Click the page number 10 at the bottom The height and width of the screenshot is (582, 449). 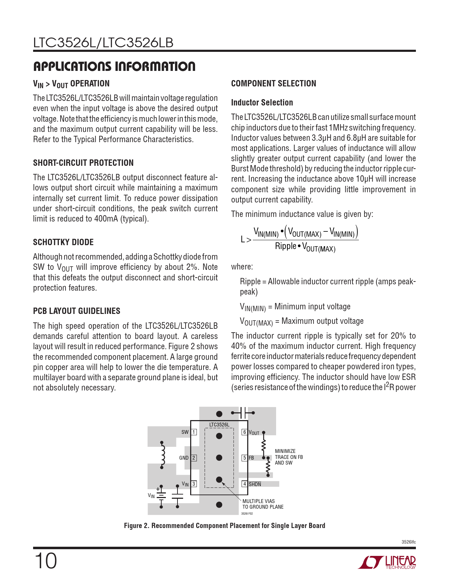click(45, 561)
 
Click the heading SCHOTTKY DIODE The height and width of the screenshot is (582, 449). click(63, 242)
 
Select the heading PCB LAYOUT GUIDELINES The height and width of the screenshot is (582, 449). click(76, 311)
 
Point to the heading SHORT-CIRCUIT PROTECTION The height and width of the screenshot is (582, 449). click(83, 163)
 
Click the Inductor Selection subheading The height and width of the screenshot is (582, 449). click(262, 103)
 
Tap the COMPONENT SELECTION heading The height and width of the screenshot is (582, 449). click(274, 84)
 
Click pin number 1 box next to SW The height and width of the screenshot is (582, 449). click(194, 432)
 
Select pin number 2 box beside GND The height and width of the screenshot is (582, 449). click(194, 458)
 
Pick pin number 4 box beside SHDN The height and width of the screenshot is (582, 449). click(244, 484)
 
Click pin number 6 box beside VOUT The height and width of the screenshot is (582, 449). click(244, 432)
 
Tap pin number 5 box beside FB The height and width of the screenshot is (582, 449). click(244, 458)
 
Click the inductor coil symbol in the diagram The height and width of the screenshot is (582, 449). click(163, 455)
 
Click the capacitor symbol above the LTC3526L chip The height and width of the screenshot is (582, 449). click(243, 413)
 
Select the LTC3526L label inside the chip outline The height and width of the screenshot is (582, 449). click(219, 425)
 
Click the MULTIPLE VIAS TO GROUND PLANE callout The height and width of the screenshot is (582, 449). click(263, 504)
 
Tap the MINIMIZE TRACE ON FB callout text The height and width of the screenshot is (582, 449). click(289, 457)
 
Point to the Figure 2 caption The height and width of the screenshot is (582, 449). click(224, 526)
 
